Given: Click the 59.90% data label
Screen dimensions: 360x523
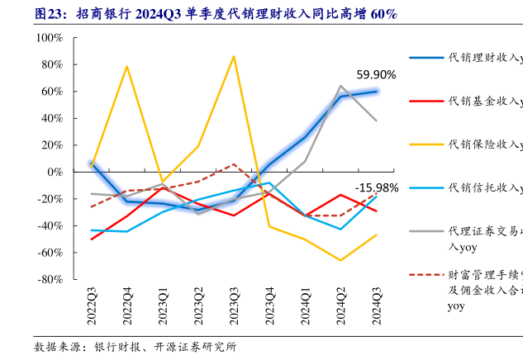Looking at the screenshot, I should point(376,74).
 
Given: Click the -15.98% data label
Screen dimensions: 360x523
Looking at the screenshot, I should point(377,187).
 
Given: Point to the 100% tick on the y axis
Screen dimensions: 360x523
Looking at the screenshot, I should point(49,38).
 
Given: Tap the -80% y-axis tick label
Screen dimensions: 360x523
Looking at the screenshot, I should point(49,279).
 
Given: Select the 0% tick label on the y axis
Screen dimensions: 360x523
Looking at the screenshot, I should point(55,172).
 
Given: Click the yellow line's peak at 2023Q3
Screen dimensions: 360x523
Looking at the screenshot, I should point(234,56).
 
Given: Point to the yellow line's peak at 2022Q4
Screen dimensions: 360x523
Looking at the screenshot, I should point(126,66).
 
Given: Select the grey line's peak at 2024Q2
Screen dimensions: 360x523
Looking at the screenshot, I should point(341,86).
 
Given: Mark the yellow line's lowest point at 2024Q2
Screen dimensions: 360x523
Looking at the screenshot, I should point(341,260).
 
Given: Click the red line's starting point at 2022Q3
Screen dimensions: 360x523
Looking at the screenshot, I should point(91,239).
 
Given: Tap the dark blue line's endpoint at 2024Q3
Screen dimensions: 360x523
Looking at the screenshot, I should point(377,91).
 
